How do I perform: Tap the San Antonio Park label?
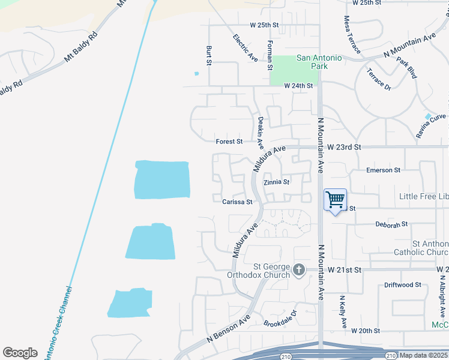pyautogui.click(x=319, y=62)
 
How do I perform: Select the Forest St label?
pyautogui.click(x=229, y=142)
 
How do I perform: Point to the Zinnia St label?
pyautogui.click(x=277, y=182)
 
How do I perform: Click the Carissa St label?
pyautogui.click(x=237, y=202)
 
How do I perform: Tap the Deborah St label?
pyautogui.click(x=391, y=224)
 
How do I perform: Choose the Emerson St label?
pyautogui.click(x=384, y=170)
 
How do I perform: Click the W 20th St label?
pyautogui.click(x=366, y=331)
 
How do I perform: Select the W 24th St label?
pyautogui.click(x=299, y=86)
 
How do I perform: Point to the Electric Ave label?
pyautogui.click(x=246, y=48)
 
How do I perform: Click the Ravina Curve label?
pyautogui.click(x=432, y=127)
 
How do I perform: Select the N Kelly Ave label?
pyautogui.click(x=343, y=311)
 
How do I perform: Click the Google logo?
pyautogui.click(x=20, y=353)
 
